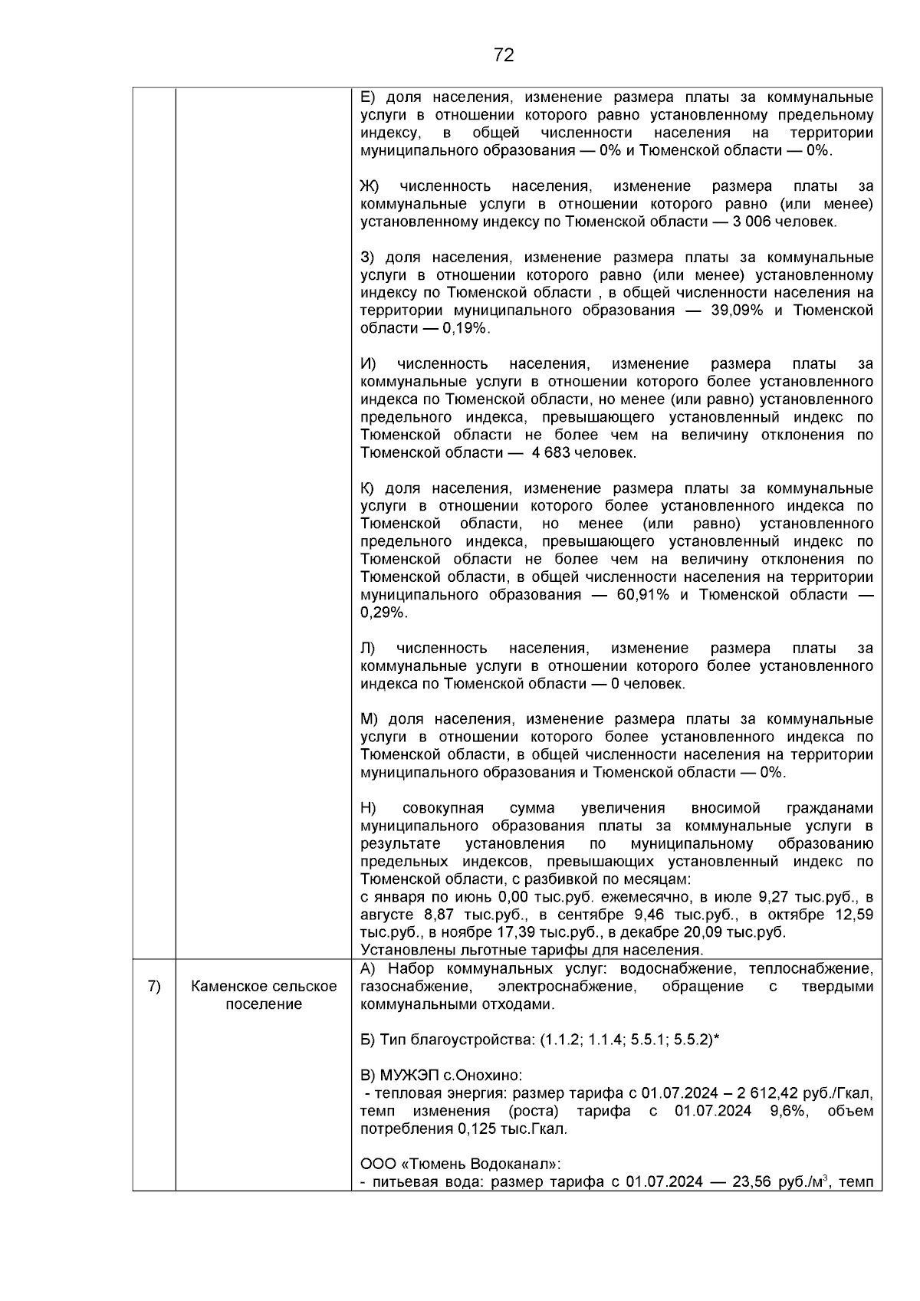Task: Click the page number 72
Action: click(x=504, y=55)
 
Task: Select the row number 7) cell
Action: click(x=153, y=987)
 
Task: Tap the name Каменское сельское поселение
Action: click(x=264, y=995)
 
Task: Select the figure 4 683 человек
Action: click(x=583, y=453)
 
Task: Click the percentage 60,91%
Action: click(x=644, y=595)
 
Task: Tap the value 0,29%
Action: click(x=384, y=613)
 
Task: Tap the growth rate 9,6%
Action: click(x=788, y=1111)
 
